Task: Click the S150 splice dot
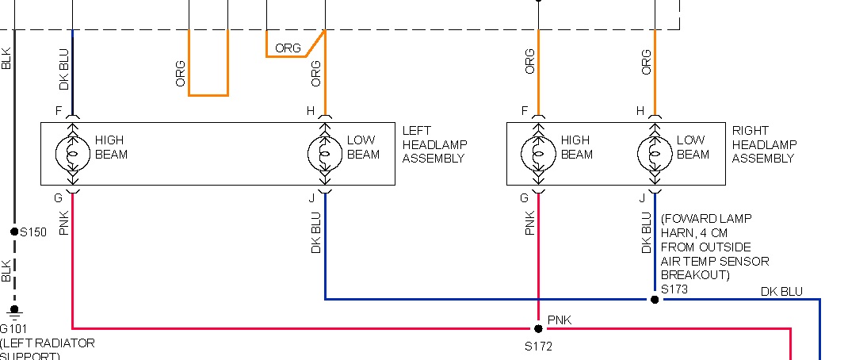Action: click(14, 232)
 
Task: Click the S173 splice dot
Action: click(655, 300)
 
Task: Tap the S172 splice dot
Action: click(538, 328)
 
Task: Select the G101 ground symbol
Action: click(13, 311)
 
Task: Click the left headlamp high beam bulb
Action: click(72, 153)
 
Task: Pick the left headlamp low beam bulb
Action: click(325, 153)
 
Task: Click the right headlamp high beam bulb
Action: click(538, 153)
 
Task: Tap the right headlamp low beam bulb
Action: click(655, 153)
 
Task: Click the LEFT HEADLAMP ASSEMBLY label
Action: click(434, 144)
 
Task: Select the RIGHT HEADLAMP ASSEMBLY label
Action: click(764, 144)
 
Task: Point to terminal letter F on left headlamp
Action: click(59, 112)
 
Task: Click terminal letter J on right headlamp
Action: click(641, 197)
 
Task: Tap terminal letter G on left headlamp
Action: click(59, 197)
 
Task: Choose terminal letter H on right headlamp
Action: click(640, 112)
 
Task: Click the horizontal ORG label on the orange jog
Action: click(288, 48)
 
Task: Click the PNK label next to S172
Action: click(560, 320)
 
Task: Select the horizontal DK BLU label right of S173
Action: click(781, 292)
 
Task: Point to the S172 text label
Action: click(538, 347)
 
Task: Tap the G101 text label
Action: click(15, 328)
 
